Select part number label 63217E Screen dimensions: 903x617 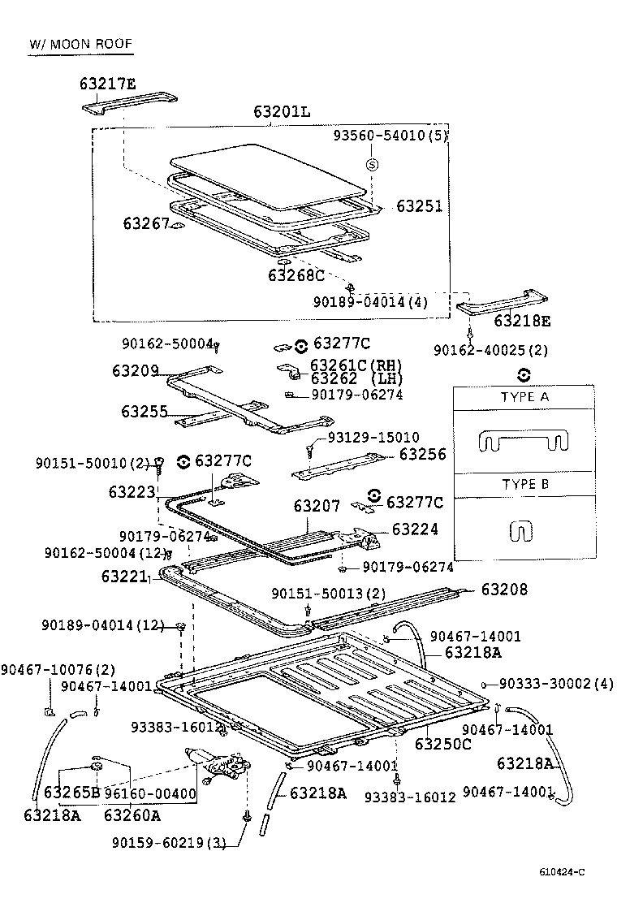[108, 84]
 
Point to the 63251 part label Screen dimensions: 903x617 [419, 206]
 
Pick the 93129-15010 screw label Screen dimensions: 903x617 [373, 438]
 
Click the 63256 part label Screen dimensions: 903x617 [422, 455]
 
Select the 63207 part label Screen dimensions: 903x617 [317, 506]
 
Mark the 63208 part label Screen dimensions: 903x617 [504, 589]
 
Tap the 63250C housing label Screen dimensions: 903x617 [443, 743]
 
